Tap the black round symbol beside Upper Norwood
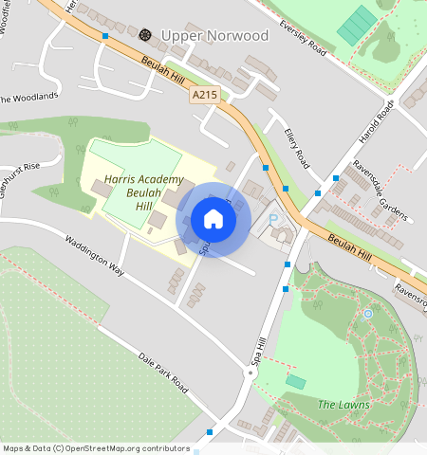tap(145, 35)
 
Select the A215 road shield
tap(204, 95)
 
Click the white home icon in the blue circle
tap(213, 219)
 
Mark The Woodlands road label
tap(28, 98)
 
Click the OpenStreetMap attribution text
tap(96, 448)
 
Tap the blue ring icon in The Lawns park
tap(368, 313)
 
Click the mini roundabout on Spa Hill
tap(251, 373)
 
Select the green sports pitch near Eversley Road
tap(356, 26)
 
